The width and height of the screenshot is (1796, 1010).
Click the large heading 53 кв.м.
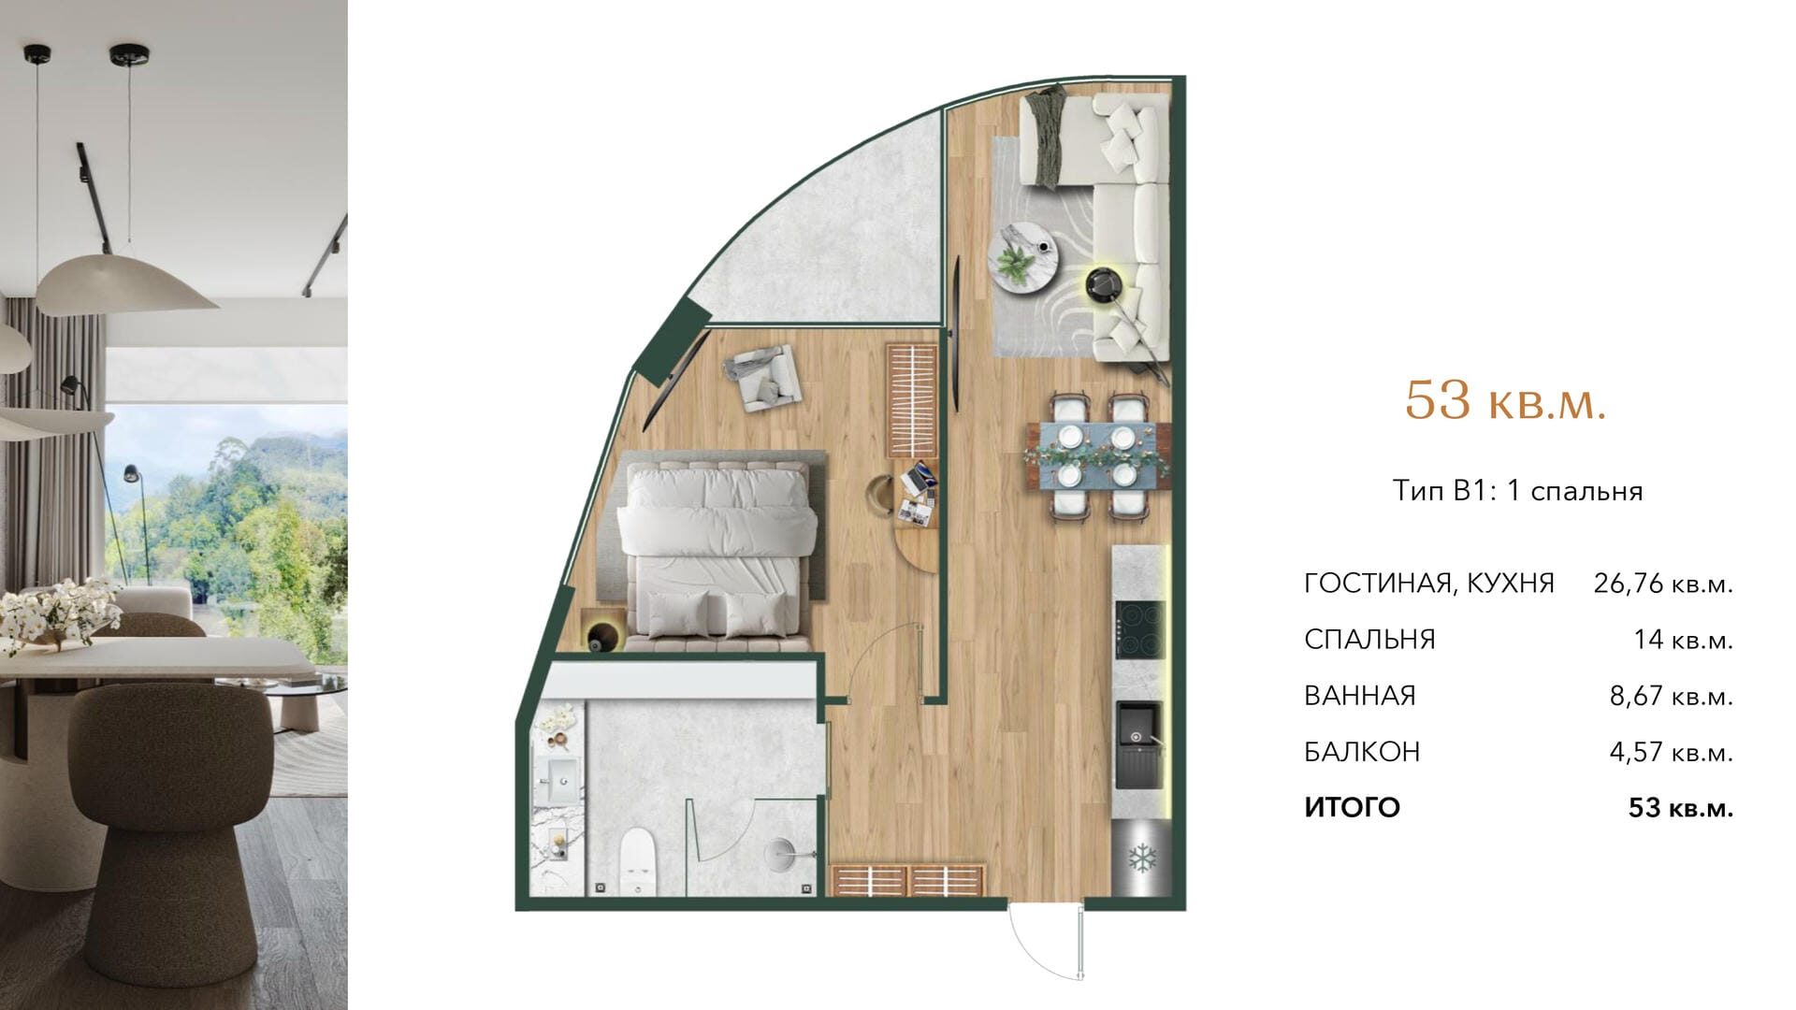1505,400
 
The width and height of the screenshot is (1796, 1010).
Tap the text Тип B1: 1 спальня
1517,491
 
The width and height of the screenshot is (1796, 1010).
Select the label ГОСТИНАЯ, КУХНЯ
1429,584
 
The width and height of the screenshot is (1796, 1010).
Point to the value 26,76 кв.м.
1663,584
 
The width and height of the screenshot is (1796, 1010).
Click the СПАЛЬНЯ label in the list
1369,640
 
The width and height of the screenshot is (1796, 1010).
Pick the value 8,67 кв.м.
1671,696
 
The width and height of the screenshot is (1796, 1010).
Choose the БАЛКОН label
1362,752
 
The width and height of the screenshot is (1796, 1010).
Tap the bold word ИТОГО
1352,807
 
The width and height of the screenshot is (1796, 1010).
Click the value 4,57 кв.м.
1671,752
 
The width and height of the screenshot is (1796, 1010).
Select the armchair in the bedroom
764,376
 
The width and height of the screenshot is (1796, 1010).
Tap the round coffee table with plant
1023,257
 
